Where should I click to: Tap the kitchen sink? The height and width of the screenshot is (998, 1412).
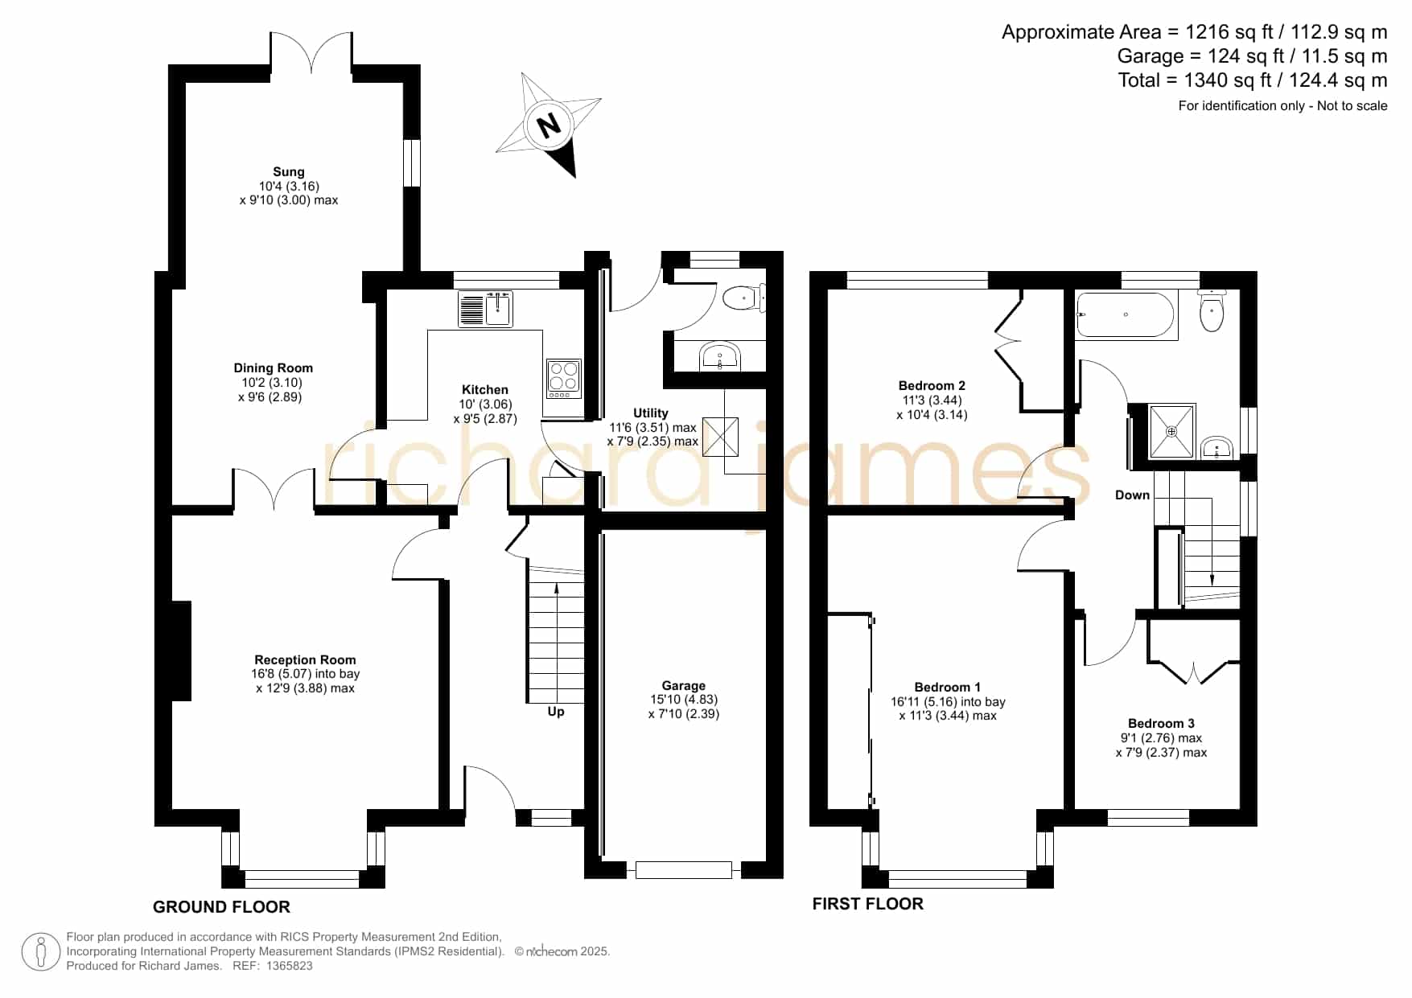click(x=485, y=310)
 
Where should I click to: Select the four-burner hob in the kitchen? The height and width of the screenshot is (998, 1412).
click(x=563, y=378)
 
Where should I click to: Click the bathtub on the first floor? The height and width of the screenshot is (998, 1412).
click(x=1126, y=314)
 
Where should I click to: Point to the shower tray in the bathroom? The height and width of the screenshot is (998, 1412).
click(x=1171, y=432)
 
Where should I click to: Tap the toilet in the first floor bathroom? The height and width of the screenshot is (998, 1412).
click(x=1211, y=310)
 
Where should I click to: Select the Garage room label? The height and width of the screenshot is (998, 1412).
click(x=684, y=685)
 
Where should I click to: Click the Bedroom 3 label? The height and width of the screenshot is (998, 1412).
click(x=1161, y=723)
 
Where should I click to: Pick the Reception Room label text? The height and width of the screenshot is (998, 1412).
click(x=305, y=659)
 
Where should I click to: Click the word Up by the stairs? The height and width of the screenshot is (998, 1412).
click(x=556, y=712)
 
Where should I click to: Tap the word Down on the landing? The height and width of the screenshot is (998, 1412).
click(x=1132, y=495)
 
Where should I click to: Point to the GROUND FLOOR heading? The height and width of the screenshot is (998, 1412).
click(x=221, y=906)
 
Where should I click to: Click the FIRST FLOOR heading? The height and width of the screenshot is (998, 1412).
click(x=868, y=903)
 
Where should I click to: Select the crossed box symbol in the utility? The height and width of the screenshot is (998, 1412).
click(x=720, y=437)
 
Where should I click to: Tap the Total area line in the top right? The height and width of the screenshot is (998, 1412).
click(x=1253, y=80)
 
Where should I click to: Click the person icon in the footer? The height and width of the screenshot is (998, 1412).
click(x=40, y=952)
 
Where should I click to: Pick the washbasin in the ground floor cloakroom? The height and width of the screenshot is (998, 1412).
click(x=719, y=355)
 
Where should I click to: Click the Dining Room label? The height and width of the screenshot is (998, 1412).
click(x=274, y=368)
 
